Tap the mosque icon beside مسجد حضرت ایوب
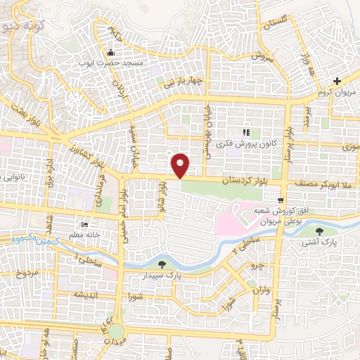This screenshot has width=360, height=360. click(x=110, y=53)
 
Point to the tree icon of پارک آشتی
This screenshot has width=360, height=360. click(x=321, y=232)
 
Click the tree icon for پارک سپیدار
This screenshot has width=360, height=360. click(x=163, y=264)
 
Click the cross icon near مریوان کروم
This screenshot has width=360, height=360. click(x=337, y=82)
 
